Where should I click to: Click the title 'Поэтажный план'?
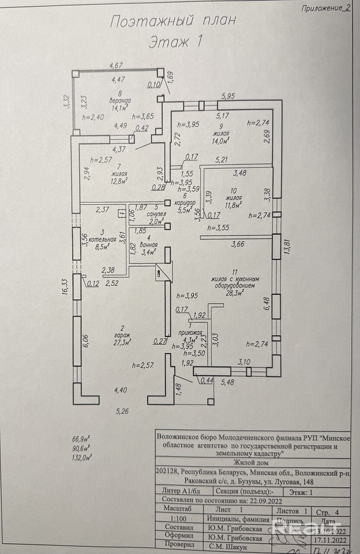pyautogui.click(x=174, y=22)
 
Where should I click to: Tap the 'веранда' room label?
pyautogui.click(x=120, y=101)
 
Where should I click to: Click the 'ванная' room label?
pyautogui.click(x=148, y=245)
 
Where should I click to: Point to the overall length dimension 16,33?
pyautogui.click(x=65, y=287)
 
